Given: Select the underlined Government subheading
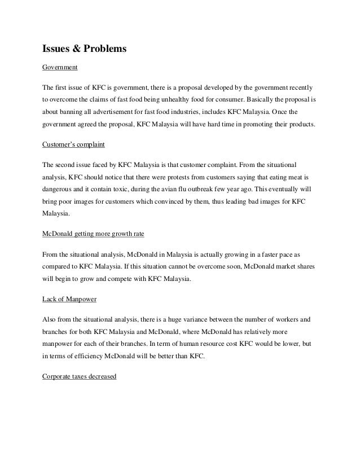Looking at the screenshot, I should point(60,68).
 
